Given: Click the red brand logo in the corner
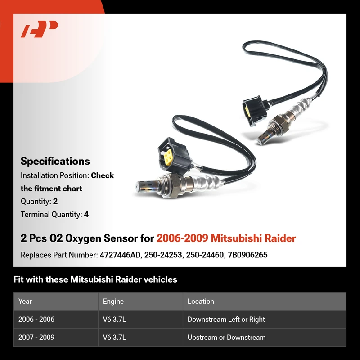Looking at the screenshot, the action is [39, 29].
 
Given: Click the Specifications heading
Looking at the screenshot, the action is [55, 161].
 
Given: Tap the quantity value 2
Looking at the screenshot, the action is [55, 201].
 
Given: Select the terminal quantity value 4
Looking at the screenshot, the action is [86, 215].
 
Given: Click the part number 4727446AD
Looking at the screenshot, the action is [120, 255].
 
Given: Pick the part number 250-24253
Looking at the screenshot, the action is [163, 255].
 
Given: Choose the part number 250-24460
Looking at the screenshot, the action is [205, 255].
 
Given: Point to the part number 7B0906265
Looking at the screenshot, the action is [248, 255].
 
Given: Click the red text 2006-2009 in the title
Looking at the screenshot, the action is [182, 238].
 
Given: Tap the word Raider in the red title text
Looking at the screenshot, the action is [280, 238].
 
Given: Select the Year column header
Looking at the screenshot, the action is [25, 301].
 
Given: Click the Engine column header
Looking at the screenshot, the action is [113, 301].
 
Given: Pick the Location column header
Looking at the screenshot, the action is [201, 301].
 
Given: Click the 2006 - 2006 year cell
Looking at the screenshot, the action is [36, 319].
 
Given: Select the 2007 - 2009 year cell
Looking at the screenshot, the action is [36, 337].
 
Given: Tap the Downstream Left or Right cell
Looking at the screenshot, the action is [226, 319].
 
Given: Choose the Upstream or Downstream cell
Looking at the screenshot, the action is [227, 337].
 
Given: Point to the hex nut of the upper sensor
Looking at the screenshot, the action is [278, 123].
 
